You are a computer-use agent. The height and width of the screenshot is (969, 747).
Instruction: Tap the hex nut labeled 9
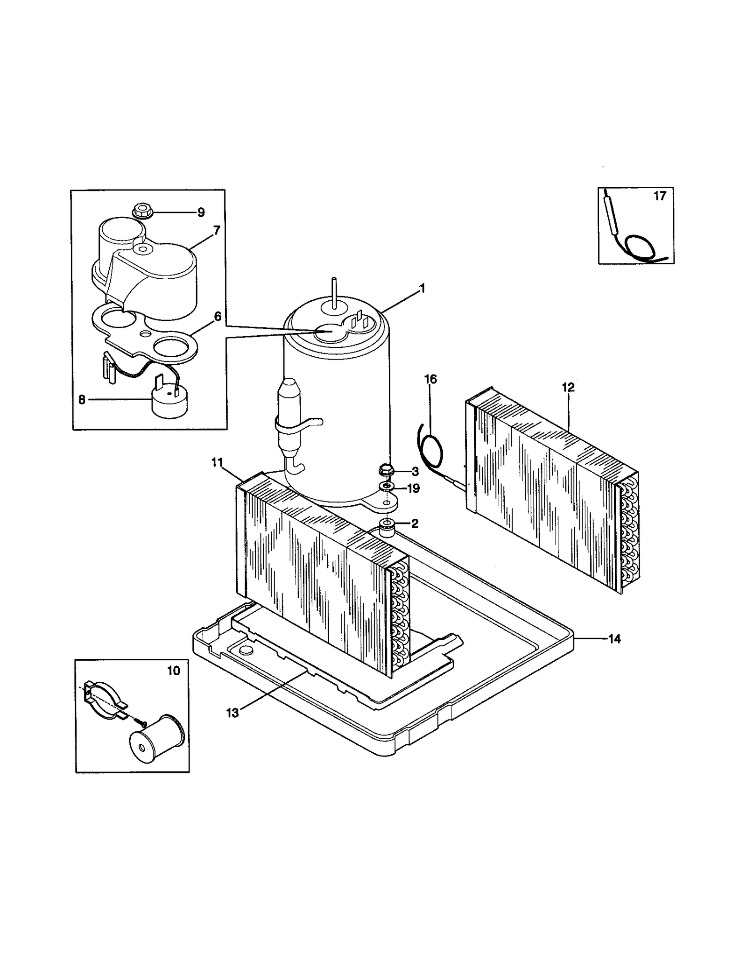pyautogui.click(x=140, y=211)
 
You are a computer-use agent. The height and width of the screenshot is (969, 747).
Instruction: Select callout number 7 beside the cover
pyautogui.click(x=217, y=230)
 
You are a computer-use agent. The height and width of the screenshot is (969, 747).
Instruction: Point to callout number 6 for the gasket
pyautogui.click(x=218, y=316)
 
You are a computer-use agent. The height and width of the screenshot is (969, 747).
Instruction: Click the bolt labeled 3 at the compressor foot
pyautogui.click(x=386, y=469)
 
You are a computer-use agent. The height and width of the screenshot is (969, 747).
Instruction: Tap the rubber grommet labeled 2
pyautogui.click(x=387, y=526)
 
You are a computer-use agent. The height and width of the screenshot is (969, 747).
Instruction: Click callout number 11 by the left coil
pyautogui.click(x=217, y=462)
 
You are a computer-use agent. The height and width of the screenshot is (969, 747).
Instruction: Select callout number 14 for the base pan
pyautogui.click(x=614, y=639)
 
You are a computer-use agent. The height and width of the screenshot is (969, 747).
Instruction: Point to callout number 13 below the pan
pyautogui.click(x=232, y=713)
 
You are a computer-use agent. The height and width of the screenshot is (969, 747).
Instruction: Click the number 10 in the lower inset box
pyautogui.click(x=173, y=671)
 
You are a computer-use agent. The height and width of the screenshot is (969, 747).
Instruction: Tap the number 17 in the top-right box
pyautogui.click(x=659, y=196)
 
